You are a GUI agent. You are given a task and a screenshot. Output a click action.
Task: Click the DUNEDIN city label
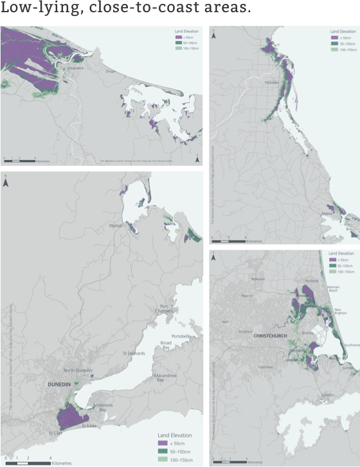click(x=62, y=384)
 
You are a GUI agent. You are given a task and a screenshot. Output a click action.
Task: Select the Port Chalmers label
click(x=165, y=308)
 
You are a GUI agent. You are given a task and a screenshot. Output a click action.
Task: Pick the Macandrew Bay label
click(x=165, y=377)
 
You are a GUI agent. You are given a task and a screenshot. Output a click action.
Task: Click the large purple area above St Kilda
click(x=71, y=418)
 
